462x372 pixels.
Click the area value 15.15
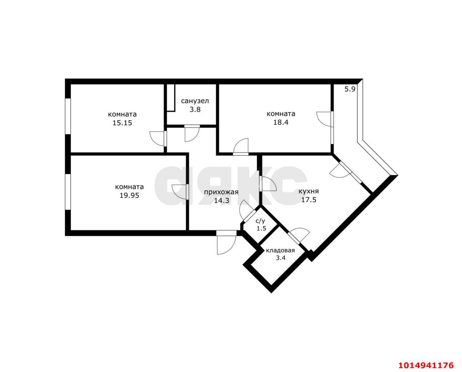[x=122, y=123]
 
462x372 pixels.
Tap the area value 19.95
[x=129, y=196]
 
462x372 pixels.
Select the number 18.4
[x=280, y=122]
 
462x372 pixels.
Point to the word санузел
[x=195, y=101]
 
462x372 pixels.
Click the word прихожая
[x=221, y=192]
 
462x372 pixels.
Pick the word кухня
[x=309, y=191]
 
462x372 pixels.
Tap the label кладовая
[x=280, y=250]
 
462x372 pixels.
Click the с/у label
[x=260, y=221]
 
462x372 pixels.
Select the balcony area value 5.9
[x=350, y=89]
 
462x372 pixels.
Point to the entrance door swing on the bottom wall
[x=226, y=242]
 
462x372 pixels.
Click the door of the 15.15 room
[x=158, y=139]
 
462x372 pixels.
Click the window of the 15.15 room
[x=68, y=116]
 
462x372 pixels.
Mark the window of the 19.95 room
[x=68, y=192]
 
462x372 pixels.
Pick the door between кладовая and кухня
[x=298, y=236]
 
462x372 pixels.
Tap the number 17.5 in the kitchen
[x=309, y=200]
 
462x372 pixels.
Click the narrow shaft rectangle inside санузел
[x=171, y=98]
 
